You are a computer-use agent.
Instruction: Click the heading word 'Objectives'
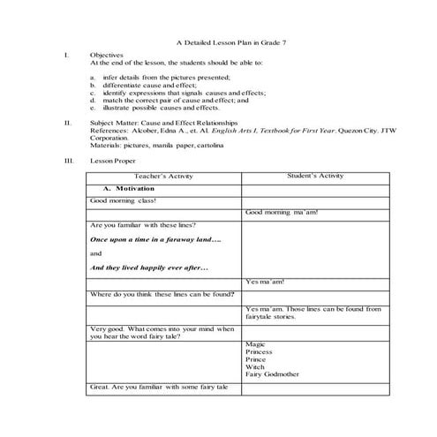point(107,56)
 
